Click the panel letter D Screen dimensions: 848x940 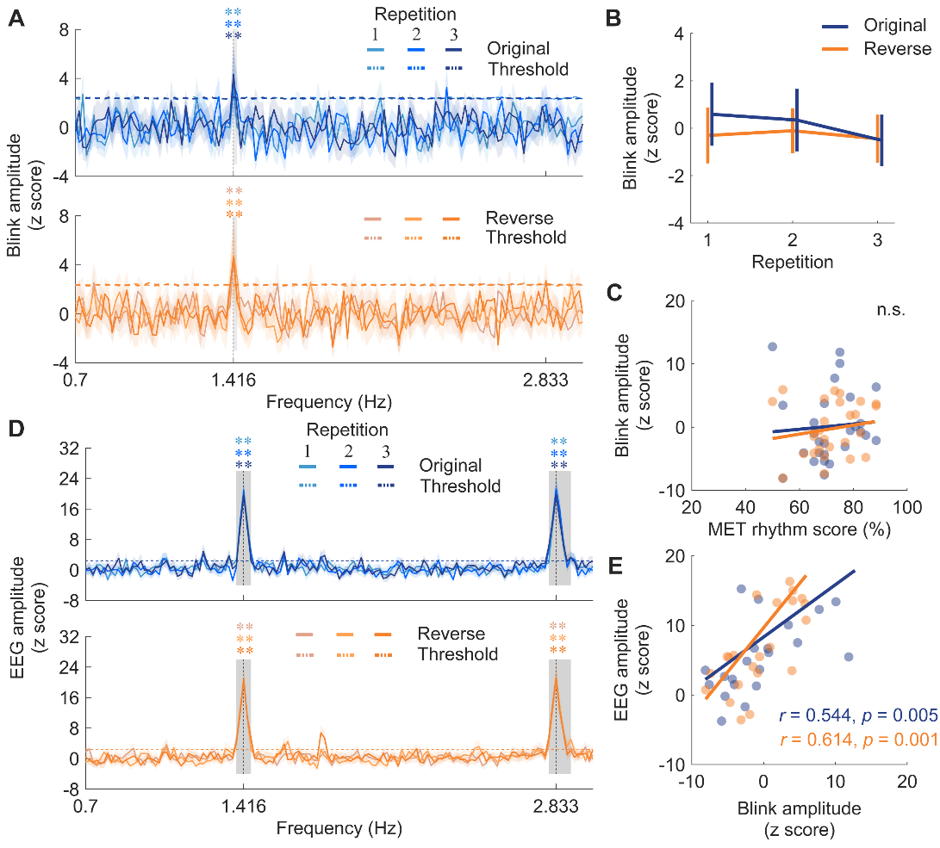[16, 430]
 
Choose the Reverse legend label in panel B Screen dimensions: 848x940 [897, 49]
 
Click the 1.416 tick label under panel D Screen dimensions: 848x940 [243, 806]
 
